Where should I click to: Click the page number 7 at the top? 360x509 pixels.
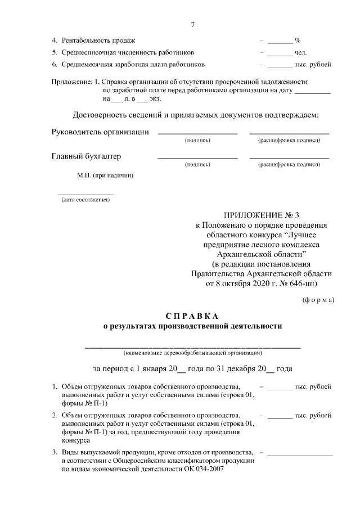192,25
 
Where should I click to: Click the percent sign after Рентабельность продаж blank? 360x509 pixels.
298,41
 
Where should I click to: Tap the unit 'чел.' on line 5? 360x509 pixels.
300,53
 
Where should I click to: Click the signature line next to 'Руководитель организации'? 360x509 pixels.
197,133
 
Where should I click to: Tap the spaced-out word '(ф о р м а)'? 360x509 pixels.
318,299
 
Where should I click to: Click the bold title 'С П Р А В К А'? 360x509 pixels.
192,316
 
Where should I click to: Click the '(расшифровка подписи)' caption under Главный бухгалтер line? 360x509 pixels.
289,164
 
